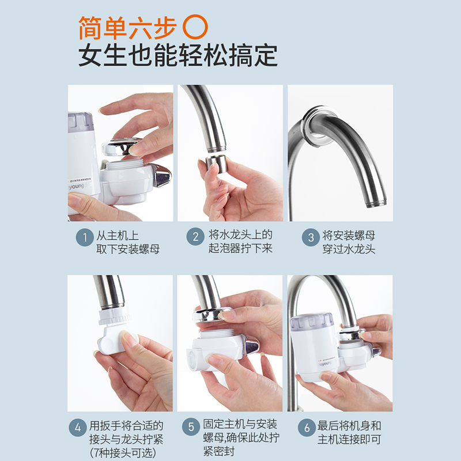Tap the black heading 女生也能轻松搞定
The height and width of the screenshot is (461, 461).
[178, 56]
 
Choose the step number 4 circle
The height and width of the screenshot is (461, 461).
[78, 428]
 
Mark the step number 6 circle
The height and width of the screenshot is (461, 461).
[305, 428]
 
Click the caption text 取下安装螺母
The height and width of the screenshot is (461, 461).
[127, 249]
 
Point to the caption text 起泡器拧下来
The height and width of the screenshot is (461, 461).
[240, 249]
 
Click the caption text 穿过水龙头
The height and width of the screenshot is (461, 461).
[349, 249]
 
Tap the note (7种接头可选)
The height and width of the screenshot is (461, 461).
[122, 453]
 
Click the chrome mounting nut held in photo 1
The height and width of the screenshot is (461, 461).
[122, 146]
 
